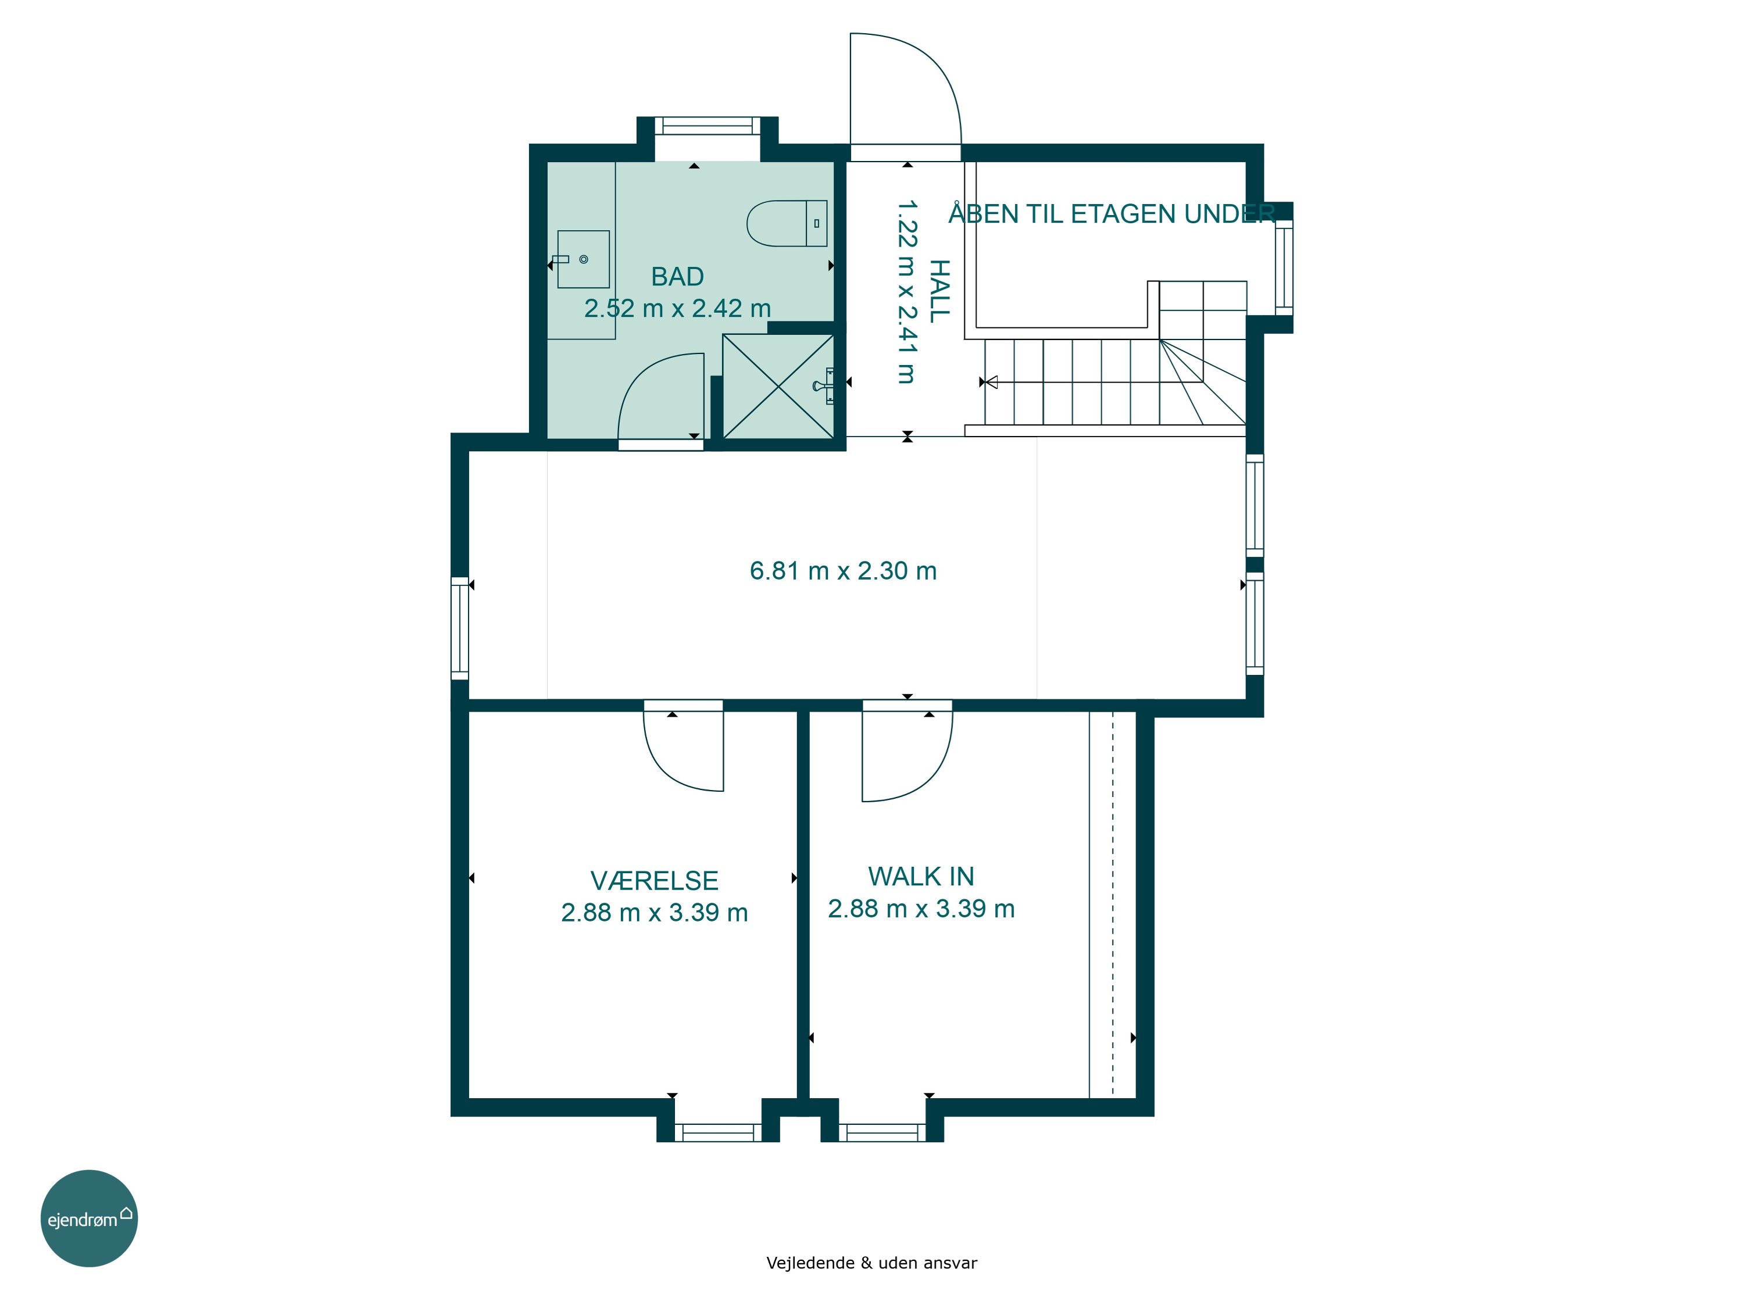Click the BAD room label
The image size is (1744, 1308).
[x=677, y=277]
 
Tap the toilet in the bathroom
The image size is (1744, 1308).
[x=787, y=223]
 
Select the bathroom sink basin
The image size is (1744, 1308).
[x=584, y=259]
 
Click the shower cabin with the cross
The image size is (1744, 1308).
[x=778, y=387]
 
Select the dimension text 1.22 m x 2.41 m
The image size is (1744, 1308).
[x=907, y=292]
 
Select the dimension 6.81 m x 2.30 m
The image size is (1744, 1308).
[x=843, y=571]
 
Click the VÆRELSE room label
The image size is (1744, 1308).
[x=655, y=881]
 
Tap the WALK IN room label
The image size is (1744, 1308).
[x=921, y=877]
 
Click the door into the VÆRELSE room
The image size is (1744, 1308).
[x=683, y=745]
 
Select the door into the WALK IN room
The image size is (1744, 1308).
[x=907, y=751]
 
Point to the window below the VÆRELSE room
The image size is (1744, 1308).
[x=719, y=1133]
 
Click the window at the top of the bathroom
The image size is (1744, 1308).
[x=707, y=126]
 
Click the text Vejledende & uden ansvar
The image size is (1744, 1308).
[x=871, y=1263]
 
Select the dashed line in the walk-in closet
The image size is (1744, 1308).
[x=1113, y=903]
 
